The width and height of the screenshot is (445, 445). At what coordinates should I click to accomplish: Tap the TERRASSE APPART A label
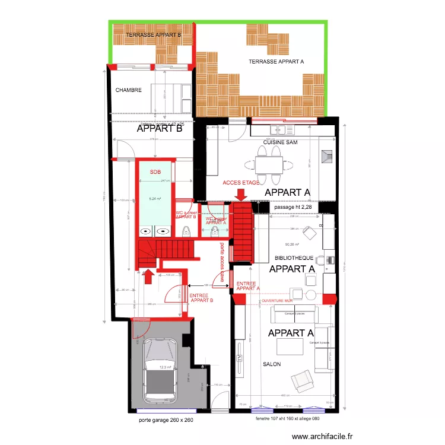coord(276,62)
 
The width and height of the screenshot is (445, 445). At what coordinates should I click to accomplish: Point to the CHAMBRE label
coord(128,90)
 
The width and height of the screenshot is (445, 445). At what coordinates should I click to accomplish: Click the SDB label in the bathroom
coord(155,172)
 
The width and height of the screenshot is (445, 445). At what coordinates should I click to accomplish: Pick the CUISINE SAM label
coord(280,143)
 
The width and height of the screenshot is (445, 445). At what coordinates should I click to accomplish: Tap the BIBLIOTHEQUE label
coord(294,258)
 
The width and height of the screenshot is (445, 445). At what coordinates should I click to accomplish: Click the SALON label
coord(272,364)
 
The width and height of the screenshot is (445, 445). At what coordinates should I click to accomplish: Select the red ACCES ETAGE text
coord(241,183)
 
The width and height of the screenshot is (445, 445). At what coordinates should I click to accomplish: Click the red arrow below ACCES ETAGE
coord(241,194)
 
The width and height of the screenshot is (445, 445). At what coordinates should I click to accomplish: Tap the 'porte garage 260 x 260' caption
coord(161,420)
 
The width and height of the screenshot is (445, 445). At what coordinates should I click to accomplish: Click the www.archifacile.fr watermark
coord(325,436)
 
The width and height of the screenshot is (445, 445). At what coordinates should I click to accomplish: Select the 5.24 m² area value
coord(155,199)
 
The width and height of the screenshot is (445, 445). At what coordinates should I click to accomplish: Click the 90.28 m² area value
coord(291,244)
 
